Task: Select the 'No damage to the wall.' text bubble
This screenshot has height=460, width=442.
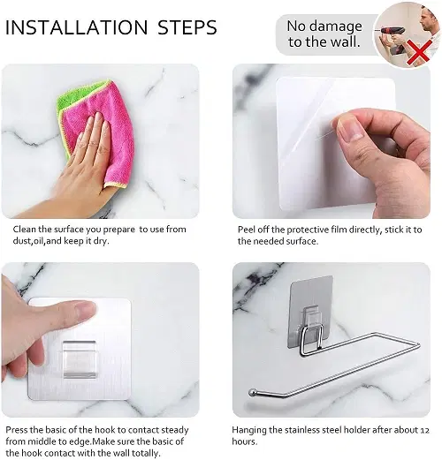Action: click(x=324, y=34)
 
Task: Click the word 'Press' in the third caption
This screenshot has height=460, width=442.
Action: click(x=17, y=429)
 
